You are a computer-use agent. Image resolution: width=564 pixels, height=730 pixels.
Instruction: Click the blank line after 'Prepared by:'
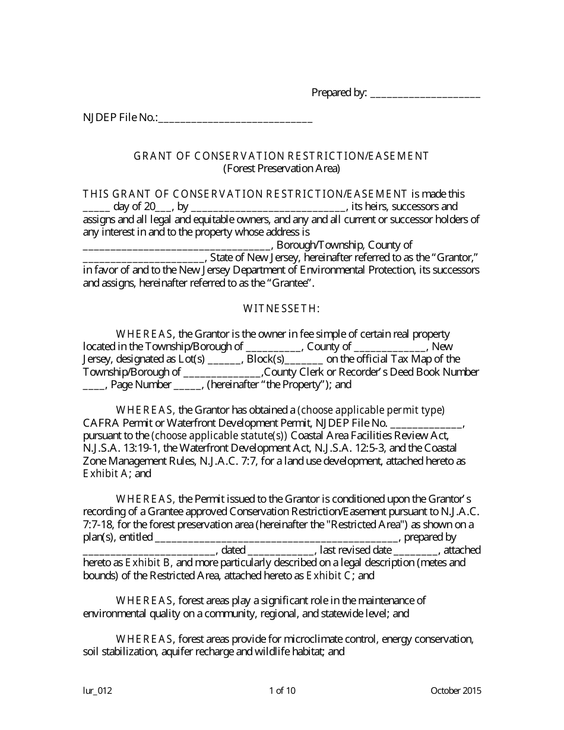tap(425, 94)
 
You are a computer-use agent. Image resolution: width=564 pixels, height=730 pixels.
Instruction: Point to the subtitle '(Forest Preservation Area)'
tap(281, 169)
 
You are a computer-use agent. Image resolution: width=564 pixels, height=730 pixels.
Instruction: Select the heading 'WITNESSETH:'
tap(281, 309)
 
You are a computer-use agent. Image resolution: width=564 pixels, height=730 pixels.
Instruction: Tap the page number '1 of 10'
tap(282, 690)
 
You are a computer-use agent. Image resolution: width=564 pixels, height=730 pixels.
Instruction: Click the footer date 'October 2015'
tap(456, 690)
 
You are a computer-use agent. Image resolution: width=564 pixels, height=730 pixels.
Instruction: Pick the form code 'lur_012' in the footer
tap(97, 690)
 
